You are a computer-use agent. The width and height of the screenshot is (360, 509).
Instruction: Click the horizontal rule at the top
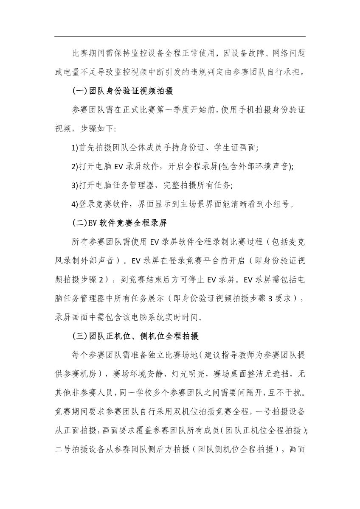click(180, 37)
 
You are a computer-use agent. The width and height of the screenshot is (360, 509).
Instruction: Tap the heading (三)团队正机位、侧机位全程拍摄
click(135, 337)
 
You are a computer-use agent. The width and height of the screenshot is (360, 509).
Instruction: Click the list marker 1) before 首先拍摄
click(74, 148)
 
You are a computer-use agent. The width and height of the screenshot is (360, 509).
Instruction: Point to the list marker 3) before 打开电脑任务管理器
click(74, 185)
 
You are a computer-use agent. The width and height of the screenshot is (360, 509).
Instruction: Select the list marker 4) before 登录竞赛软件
click(74, 204)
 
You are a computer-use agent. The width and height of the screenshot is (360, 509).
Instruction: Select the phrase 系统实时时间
click(183, 317)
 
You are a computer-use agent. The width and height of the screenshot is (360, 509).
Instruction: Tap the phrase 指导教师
click(234, 355)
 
